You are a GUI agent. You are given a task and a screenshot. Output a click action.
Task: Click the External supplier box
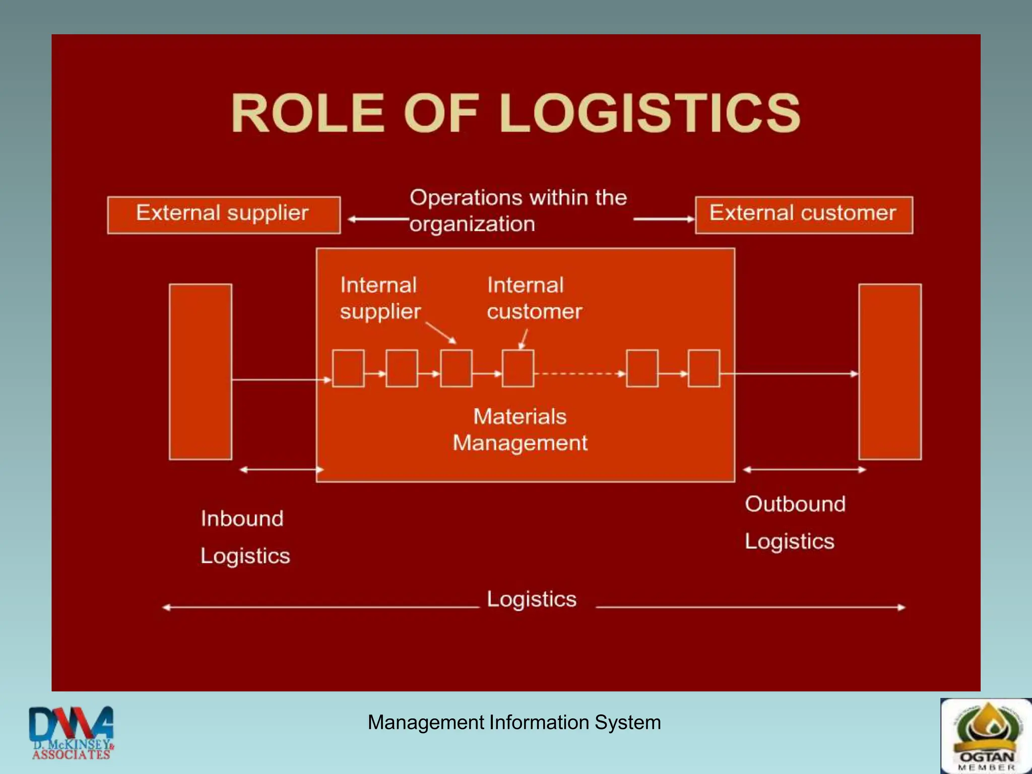tap(224, 215)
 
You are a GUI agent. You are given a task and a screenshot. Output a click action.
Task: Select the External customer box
tap(804, 215)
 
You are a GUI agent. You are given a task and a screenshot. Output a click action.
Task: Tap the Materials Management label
tap(520, 430)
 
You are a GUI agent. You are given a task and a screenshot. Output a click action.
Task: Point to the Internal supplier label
tap(379, 298)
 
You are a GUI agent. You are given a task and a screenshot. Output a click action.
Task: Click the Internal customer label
tap(534, 298)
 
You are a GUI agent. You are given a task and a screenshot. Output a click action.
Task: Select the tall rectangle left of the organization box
tap(201, 372)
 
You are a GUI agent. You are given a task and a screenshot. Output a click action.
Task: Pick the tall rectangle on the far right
tap(890, 372)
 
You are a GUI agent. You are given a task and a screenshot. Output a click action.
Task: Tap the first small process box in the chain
tap(348, 368)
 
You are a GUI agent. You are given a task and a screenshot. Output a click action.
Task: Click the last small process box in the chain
tap(704, 368)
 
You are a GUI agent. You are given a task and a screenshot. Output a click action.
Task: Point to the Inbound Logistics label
tap(245, 537)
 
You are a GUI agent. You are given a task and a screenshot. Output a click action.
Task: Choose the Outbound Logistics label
tap(795, 523)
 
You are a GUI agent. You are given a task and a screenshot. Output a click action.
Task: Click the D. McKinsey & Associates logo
tap(72, 733)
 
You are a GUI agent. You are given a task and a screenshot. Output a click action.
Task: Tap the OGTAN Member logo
tap(986, 736)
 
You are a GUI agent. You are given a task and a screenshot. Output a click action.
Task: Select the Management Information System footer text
tap(514, 723)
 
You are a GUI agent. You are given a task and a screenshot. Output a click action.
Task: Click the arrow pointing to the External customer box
tap(664, 219)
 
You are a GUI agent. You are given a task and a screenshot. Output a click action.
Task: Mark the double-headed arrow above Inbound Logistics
tap(281, 470)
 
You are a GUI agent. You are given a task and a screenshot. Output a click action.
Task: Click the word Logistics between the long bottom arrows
tap(532, 600)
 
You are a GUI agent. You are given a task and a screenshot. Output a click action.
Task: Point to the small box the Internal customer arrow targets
tap(518, 368)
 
